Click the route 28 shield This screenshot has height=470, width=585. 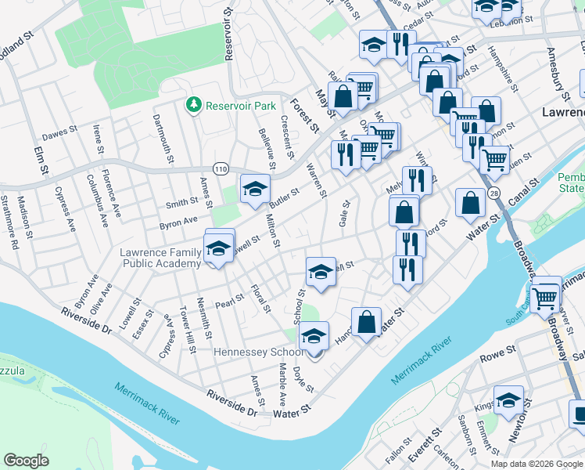(493, 193)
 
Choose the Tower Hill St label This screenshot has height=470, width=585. (188, 324)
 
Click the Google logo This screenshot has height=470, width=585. (27, 461)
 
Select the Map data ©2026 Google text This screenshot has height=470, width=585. (537, 464)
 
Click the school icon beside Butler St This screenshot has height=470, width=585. (254, 188)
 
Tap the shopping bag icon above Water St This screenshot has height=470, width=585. (366, 321)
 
